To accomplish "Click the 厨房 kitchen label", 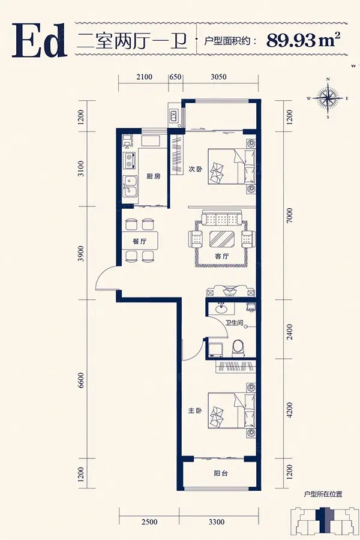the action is pos(154,176).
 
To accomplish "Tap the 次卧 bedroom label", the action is pos(195,169).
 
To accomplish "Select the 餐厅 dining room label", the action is pos(140,241).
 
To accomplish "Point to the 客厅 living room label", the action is pos(222,256).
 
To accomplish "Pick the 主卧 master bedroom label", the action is pos(195,411).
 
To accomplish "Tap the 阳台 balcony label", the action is pos(220,473).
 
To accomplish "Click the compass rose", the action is pos(328,98).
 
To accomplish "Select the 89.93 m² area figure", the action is pos(303,40).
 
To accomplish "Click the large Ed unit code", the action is pos(39,40).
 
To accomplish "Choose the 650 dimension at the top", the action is pos(175,76).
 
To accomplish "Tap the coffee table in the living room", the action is pos(222,239).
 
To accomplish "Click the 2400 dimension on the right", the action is pos(290,331).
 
